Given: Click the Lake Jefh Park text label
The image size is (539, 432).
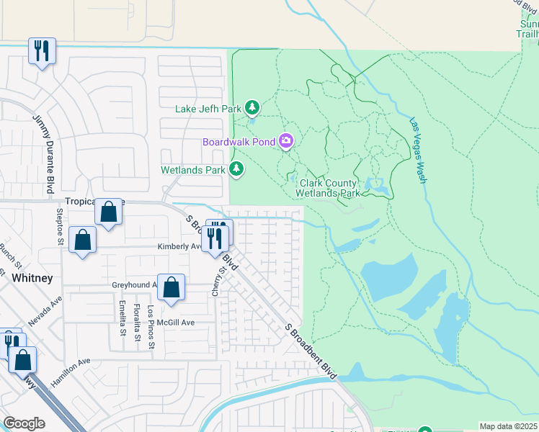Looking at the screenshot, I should coord(208,109).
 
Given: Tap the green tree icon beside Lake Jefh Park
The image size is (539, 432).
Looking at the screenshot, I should coord(251,108).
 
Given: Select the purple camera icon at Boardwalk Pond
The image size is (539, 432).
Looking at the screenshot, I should coord(286,141).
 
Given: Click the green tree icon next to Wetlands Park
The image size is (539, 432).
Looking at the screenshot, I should coord(236,169).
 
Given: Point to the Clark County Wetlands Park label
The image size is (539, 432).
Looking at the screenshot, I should coord(328,189).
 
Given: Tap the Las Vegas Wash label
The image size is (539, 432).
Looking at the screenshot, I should coord(417,150).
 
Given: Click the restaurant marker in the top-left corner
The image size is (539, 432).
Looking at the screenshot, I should coord(42,51).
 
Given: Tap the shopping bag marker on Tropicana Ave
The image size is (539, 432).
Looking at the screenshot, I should coord(108,212).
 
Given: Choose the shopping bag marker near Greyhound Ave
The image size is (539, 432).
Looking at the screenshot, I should coord(171,287).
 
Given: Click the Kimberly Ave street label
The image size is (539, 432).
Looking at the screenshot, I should coord(179,246).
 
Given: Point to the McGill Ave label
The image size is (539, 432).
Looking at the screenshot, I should coord(177,323).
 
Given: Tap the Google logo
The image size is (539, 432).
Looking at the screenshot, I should coord(24,423).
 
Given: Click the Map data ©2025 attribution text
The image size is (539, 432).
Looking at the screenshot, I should coord(507,426).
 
